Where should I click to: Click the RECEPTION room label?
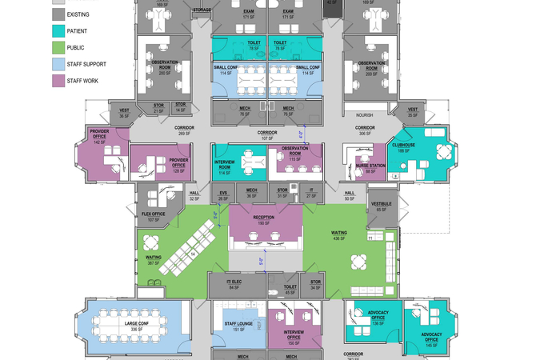click(264, 218)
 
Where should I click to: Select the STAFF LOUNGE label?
click(228, 324)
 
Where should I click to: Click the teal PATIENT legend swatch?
click(58, 30)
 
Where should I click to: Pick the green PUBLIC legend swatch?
click(58, 47)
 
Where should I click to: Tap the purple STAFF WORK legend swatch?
click(58, 81)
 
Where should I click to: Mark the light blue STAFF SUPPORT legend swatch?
click(58, 64)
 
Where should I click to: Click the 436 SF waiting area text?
click(339, 238)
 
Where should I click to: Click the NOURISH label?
click(365, 114)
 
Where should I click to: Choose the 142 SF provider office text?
click(99, 142)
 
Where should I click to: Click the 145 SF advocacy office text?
click(431, 345)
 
